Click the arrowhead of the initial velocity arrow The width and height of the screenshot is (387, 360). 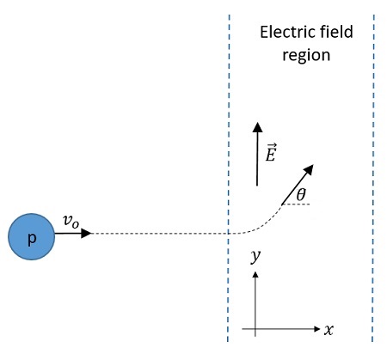point(86,233)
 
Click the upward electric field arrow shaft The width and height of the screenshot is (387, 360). point(256,159)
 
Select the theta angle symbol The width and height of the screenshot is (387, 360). point(301,196)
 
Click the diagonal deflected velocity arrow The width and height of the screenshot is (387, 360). point(298,182)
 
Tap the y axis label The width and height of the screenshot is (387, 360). point(255,256)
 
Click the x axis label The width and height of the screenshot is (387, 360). point(329,329)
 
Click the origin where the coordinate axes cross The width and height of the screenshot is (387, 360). point(255,328)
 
